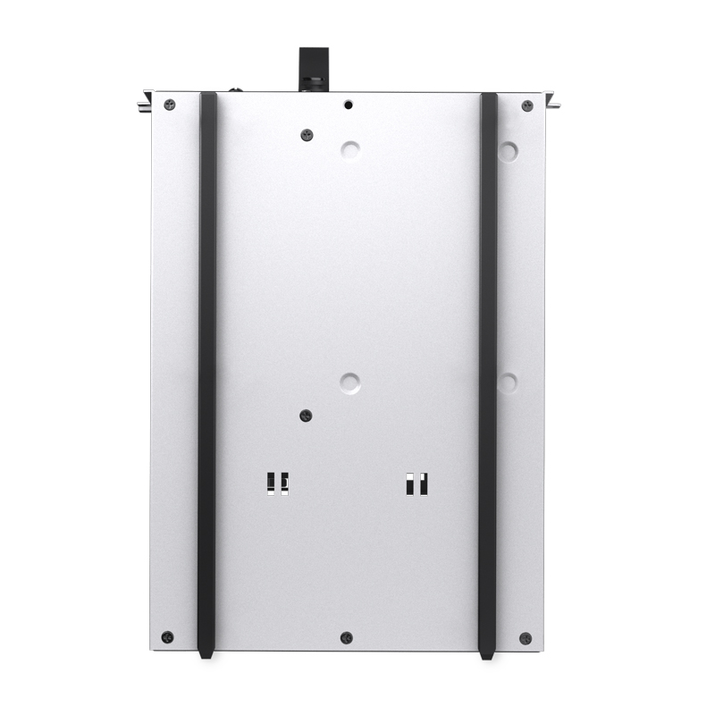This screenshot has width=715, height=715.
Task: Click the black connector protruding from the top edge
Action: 313,66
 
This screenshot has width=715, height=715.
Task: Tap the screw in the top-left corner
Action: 170,105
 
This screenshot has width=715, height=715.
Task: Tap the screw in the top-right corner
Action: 526,105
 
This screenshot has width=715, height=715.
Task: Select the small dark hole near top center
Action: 349,105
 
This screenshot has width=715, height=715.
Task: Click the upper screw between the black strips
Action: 307,135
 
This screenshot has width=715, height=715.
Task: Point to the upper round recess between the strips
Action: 350,149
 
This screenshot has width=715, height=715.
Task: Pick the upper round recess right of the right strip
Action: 508,150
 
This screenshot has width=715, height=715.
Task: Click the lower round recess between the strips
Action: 350,383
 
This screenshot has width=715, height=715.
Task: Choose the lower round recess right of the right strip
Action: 508,383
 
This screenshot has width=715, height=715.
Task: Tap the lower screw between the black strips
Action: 306,416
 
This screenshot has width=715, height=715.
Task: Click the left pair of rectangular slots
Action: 277,483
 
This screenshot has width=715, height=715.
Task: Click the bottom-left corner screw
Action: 167,637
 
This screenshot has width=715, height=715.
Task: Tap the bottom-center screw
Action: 347,637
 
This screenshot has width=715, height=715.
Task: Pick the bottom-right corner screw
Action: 526,638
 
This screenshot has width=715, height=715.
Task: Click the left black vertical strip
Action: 207,375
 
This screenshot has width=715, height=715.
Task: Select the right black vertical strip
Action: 488,375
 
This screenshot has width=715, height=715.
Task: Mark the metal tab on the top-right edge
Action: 552,100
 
